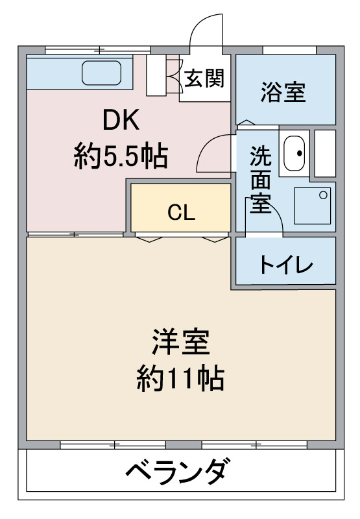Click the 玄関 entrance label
[x=204, y=78]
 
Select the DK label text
[x=121, y=120]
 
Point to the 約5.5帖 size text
[x=121, y=156]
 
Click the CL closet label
[x=181, y=212]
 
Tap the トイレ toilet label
[x=286, y=265]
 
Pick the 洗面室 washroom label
[x=260, y=179]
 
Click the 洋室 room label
[x=181, y=342]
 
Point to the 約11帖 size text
[x=181, y=378]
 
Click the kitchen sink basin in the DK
[x=102, y=73]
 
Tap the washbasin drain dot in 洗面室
[x=300, y=153]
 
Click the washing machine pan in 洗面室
[x=312, y=206]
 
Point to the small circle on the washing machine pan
[x=323, y=195]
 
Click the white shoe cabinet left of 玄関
[x=156, y=75]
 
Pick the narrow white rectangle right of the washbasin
[x=325, y=153]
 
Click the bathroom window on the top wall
[x=289, y=50]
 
